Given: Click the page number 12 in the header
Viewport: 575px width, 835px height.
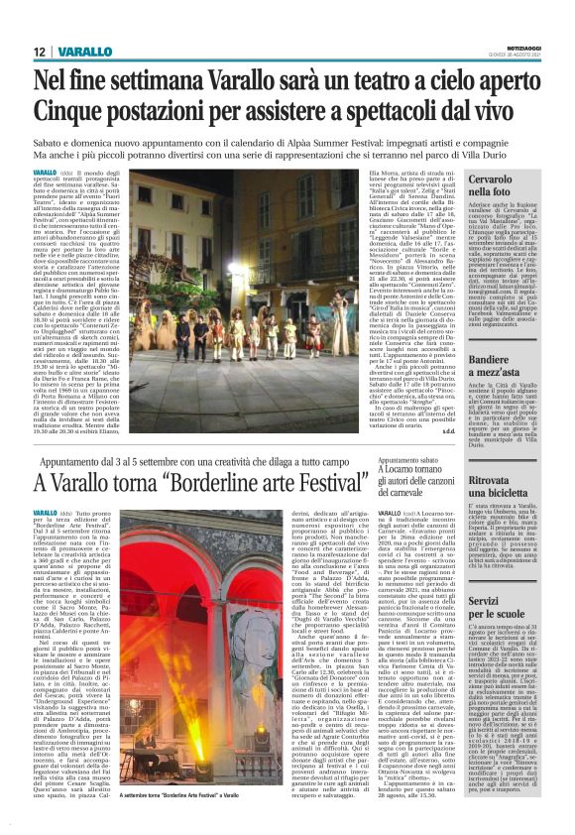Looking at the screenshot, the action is click(x=38, y=51).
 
